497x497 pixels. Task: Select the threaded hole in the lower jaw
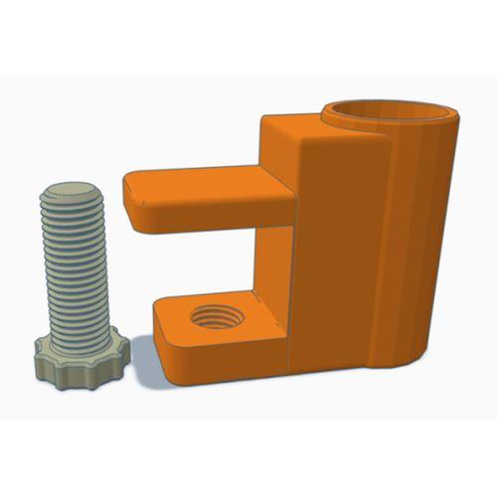click(213, 320)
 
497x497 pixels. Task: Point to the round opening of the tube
click(387, 111)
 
